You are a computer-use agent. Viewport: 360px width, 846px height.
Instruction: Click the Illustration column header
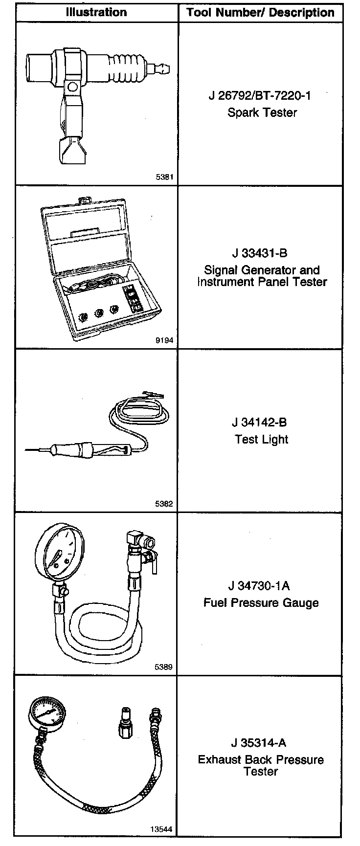(96, 13)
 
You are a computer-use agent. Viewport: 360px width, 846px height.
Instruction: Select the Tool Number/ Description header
(260, 13)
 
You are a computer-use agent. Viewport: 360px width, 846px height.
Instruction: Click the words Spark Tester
(262, 112)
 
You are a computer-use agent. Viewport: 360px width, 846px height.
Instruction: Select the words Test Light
(262, 439)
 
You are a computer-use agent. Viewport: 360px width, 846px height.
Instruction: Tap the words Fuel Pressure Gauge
(261, 602)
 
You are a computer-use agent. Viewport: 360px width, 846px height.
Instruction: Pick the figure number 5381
(164, 178)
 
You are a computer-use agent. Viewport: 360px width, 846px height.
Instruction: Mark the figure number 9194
(164, 341)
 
